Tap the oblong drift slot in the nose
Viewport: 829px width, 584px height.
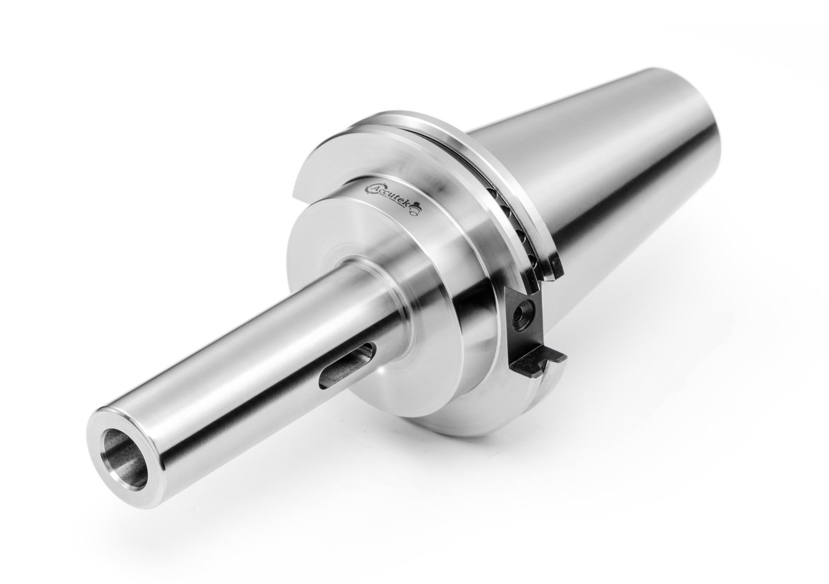(x=345, y=366)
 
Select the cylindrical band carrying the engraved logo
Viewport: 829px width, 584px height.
(x=427, y=235)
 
